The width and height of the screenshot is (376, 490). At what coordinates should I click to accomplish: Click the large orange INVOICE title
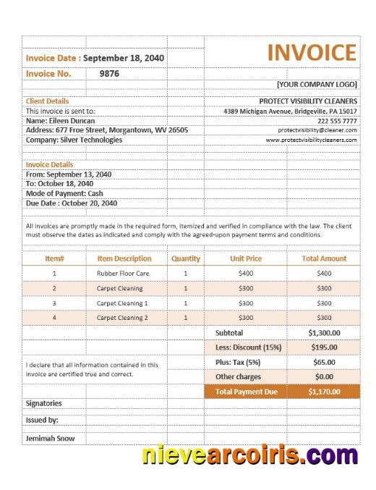(x=312, y=53)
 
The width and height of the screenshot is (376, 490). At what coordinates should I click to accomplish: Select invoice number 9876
(x=109, y=73)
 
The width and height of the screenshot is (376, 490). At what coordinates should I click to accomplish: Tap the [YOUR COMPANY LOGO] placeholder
(x=317, y=85)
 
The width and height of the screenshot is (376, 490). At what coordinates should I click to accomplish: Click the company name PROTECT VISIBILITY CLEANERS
(x=308, y=101)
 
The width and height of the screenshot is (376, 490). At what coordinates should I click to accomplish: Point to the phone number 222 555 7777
(x=337, y=121)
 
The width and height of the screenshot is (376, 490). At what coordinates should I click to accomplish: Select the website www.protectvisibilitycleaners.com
(x=312, y=140)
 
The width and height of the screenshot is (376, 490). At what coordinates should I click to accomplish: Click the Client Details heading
(x=48, y=101)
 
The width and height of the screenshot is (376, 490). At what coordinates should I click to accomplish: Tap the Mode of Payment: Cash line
(x=64, y=194)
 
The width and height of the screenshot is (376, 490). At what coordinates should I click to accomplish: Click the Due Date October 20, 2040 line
(x=71, y=203)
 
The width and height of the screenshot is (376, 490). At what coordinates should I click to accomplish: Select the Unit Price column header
(x=246, y=258)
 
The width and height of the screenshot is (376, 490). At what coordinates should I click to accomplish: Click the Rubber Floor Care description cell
(x=122, y=274)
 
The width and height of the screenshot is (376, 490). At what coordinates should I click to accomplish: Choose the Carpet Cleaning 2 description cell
(x=122, y=318)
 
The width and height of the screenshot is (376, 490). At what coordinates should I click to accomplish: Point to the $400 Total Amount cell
(x=324, y=274)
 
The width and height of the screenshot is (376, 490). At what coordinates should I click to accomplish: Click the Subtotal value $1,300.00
(x=324, y=333)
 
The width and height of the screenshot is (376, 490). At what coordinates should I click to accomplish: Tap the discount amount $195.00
(x=324, y=347)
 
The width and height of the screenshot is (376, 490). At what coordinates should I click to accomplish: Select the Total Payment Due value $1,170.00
(x=324, y=392)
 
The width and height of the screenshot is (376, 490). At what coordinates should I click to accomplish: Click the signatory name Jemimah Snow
(x=50, y=438)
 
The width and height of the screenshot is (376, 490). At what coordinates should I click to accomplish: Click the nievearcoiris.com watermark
(x=249, y=457)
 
